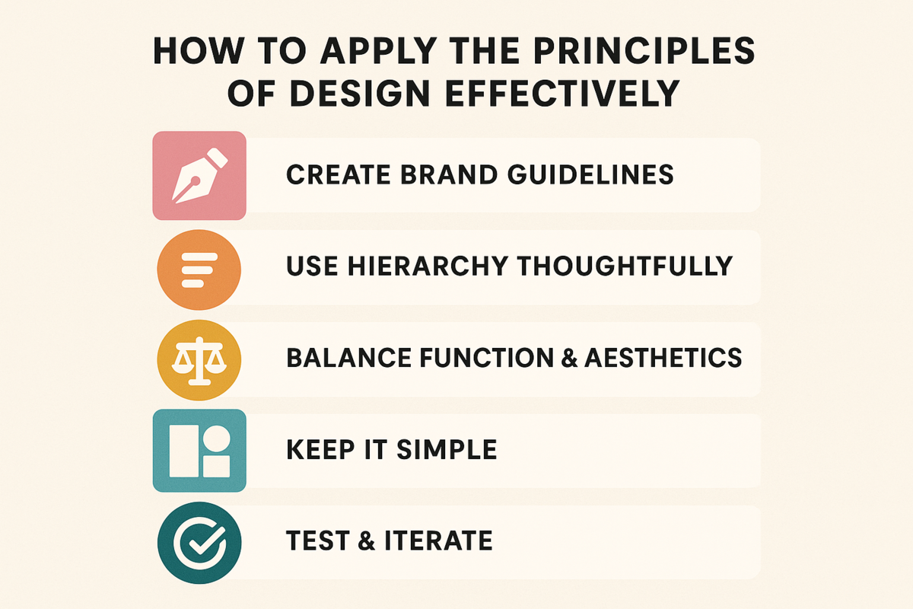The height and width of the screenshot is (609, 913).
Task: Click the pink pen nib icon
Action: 199,175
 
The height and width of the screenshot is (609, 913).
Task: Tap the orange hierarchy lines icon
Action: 199,269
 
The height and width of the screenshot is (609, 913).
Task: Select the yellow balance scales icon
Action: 199,360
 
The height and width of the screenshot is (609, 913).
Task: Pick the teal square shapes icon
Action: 199,451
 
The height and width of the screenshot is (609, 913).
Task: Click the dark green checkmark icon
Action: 199,543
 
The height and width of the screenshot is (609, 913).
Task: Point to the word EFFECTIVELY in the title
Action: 562,94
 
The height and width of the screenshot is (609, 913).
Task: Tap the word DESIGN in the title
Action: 360,94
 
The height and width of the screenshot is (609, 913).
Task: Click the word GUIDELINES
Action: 590,174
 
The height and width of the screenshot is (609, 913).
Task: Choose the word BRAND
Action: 449,174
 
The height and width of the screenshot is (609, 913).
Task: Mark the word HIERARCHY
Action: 428,266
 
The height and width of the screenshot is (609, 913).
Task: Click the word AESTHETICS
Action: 663,358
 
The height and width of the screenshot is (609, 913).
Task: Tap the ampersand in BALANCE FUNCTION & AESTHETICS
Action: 569,358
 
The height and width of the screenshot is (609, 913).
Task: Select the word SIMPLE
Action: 447,449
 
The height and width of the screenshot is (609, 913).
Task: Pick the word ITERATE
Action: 438,540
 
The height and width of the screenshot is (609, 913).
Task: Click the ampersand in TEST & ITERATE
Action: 367,540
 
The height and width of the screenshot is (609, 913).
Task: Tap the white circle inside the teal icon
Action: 216,439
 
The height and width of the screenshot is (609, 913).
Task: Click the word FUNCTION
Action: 485,358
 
